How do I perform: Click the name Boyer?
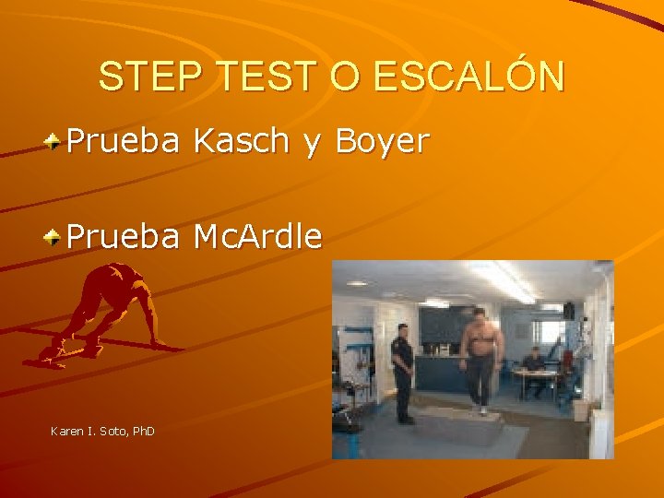[x=382, y=142]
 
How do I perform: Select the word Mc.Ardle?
[x=257, y=237]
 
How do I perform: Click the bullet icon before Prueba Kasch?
[x=55, y=142]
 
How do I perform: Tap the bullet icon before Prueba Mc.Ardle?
[x=55, y=238]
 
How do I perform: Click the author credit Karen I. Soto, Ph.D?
[x=102, y=431]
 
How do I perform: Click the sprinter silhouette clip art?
[x=101, y=314]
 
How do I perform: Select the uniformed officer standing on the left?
[x=401, y=369]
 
